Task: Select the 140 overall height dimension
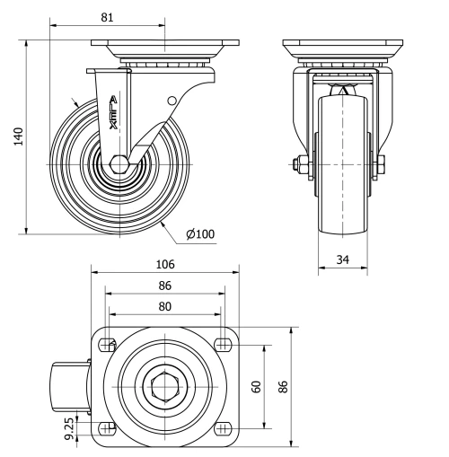(x=17, y=135)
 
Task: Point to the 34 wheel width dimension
(x=342, y=259)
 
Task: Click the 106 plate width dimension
(x=164, y=264)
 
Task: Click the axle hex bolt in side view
(x=119, y=165)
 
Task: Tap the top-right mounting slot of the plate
(x=222, y=345)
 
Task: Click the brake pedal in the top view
(x=68, y=387)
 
